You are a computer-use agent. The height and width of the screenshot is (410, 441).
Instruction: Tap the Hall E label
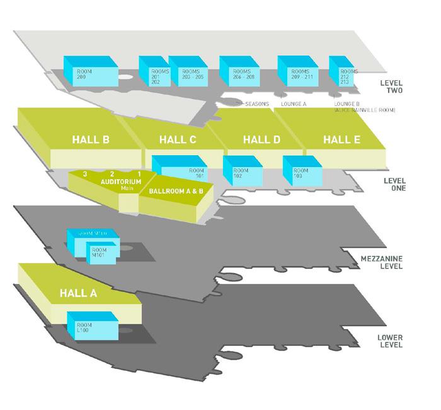341,139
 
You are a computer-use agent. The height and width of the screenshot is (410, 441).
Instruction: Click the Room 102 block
241,171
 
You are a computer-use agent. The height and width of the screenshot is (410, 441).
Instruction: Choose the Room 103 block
301,171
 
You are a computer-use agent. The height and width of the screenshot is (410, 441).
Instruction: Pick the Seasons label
256,103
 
